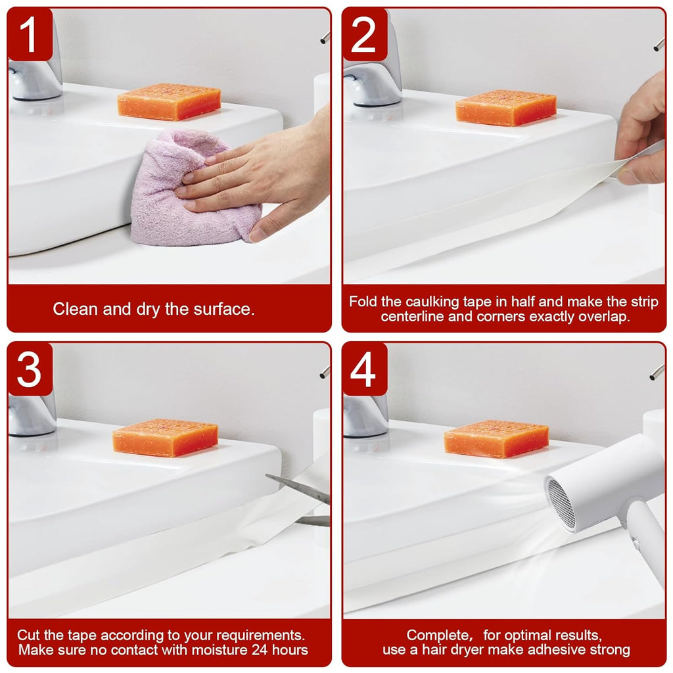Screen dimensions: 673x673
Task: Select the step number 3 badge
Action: [x=30, y=370]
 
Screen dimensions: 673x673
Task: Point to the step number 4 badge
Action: [x=363, y=370]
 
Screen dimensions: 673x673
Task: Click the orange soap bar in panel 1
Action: [x=169, y=101]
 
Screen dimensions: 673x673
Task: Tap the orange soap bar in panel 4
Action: [x=496, y=439]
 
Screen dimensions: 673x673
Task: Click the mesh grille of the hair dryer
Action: [x=563, y=503]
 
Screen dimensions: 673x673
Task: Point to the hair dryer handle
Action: [x=647, y=539]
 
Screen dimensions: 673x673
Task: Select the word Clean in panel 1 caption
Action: [x=74, y=309]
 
